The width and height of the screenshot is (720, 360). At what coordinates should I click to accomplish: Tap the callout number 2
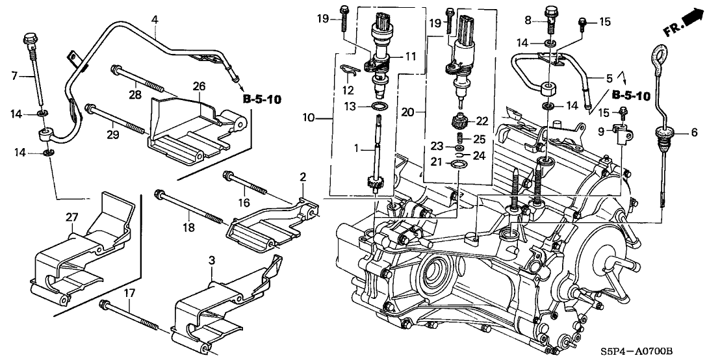click(x=303, y=177)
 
